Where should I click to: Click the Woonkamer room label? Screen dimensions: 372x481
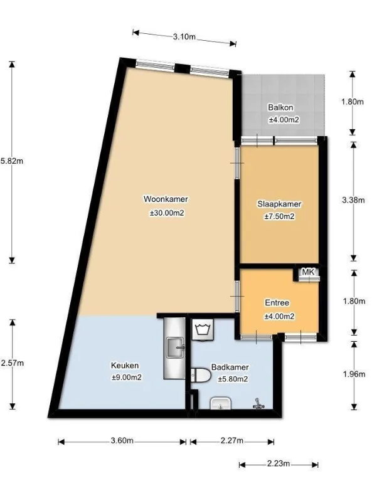click(x=166, y=199)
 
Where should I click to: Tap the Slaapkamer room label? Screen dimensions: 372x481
click(x=279, y=204)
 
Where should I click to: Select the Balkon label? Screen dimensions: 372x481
click(x=280, y=107)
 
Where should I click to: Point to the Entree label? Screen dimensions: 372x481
click(x=277, y=303)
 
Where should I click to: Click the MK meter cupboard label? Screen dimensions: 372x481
click(x=308, y=272)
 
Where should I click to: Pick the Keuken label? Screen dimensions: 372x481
click(x=125, y=366)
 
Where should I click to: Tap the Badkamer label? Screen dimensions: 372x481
click(x=230, y=367)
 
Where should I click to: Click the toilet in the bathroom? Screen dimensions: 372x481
click(x=200, y=375)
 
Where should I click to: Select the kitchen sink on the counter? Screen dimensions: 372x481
click(x=176, y=347)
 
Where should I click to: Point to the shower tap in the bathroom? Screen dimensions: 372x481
click(x=258, y=404)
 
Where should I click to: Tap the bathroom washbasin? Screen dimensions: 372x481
click(x=220, y=403)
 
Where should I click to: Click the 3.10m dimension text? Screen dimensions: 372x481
click(x=184, y=37)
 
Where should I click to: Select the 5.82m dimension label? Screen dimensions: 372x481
click(x=12, y=161)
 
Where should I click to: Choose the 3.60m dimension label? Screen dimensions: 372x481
click(x=122, y=441)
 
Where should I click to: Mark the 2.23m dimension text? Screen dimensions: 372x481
click(x=279, y=463)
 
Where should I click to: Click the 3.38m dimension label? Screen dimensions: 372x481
click(x=353, y=200)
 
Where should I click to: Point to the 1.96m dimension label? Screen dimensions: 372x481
click(x=354, y=374)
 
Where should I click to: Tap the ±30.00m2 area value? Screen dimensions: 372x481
click(x=167, y=213)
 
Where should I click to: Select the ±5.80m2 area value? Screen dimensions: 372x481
click(x=233, y=379)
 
